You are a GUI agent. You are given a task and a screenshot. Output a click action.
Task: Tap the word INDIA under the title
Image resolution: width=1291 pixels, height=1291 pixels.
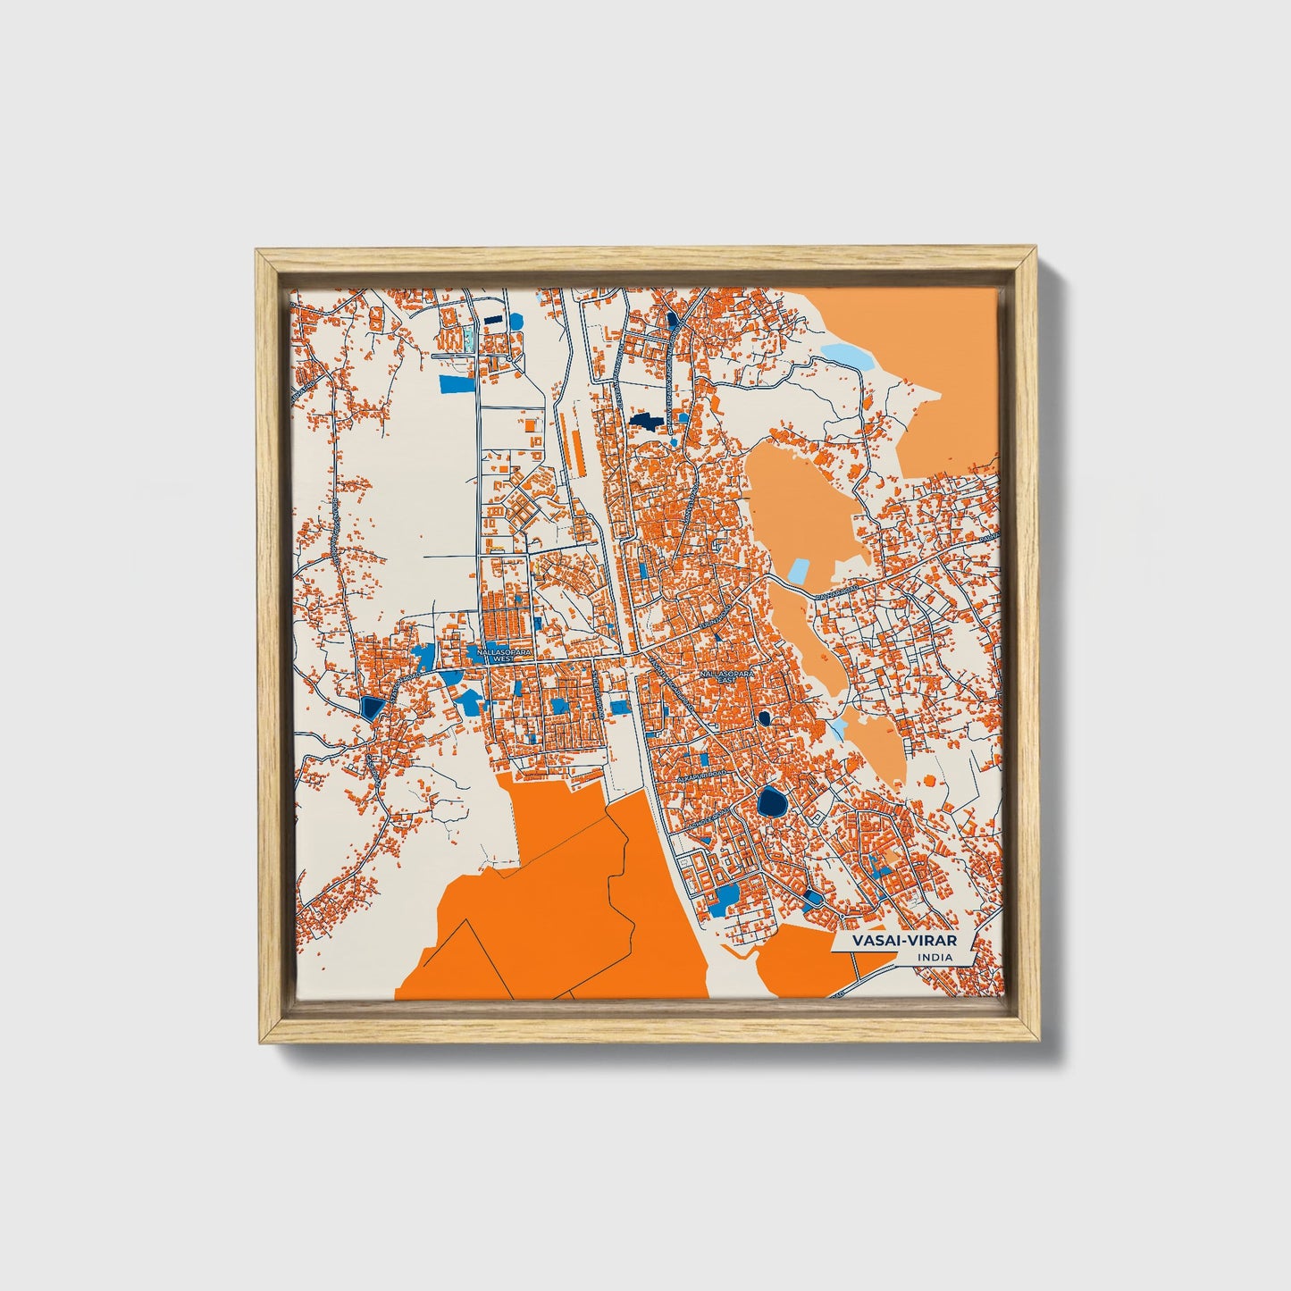pyautogui.click(x=934, y=958)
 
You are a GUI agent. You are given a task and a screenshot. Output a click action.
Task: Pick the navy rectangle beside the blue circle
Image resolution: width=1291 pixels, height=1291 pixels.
pyautogui.click(x=492, y=318)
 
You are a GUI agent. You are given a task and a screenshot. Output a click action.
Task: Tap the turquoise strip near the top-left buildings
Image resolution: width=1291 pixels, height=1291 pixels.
pyautogui.click(x=466, y=338)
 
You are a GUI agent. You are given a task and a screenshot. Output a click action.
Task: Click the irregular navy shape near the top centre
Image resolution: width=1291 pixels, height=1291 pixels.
pyautogui.click(x=645, y=420)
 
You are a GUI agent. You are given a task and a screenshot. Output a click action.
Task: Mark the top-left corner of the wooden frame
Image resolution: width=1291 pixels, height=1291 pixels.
pyautogui.click(x=258, y=252)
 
